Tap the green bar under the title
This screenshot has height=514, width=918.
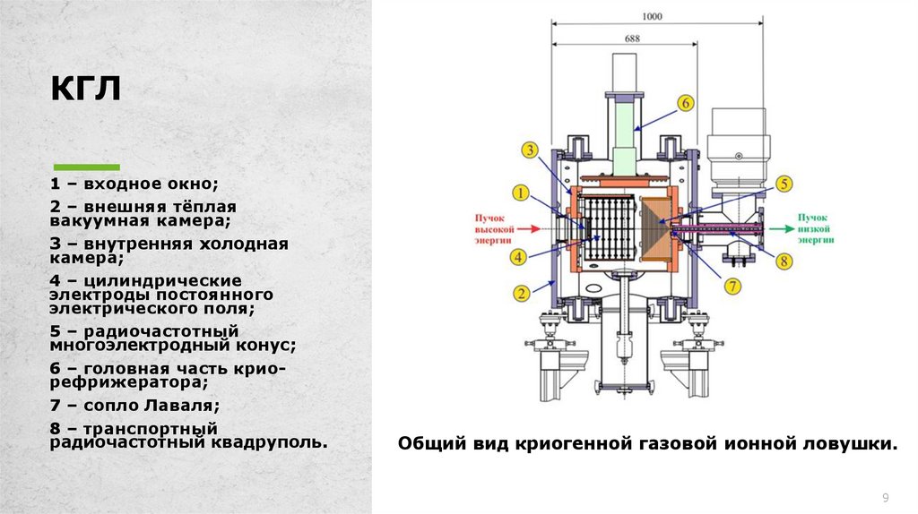[87, 167]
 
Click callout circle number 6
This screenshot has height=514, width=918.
[686, 103]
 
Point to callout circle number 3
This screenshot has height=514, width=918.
[531, 150]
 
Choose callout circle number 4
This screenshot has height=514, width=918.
[520, 257]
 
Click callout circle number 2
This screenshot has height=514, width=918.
[520, 291]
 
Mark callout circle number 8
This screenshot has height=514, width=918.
[784, 261]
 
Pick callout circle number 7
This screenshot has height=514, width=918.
[732, 287]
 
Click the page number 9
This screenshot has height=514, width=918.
[886, 498]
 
